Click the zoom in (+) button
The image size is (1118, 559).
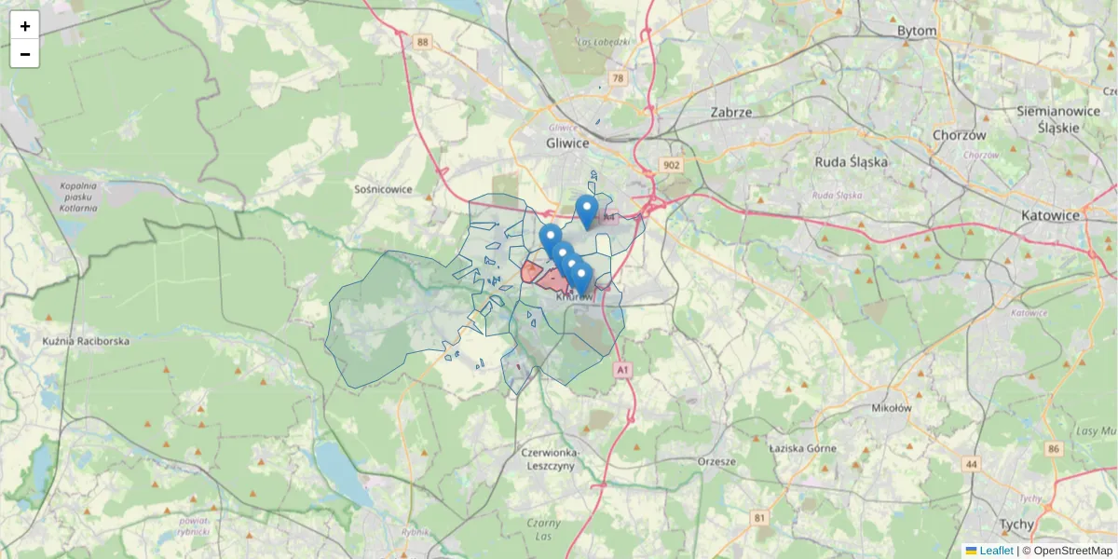click(x=25, y=26)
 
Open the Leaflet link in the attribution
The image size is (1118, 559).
click(x=995, y=551)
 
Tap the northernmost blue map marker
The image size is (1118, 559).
click(x=586, y=210)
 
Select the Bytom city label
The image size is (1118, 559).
click(x=916, y=31)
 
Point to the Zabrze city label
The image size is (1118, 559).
click(x=730, y=112)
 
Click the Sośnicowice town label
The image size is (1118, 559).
click(x=383, y=188)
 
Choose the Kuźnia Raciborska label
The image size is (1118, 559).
click(x=86, y=341)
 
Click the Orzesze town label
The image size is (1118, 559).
click(x=716, y=460)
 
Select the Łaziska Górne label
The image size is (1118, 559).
click(x=802, y=448)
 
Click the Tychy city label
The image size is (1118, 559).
click(x=1016, y=524)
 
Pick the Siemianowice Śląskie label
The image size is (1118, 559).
click(x=1060, y=118)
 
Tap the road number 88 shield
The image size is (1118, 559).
click(x=424, y=42)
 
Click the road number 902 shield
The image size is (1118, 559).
click(x=672, y=165)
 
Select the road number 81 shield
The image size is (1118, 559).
click(x=759, y=517)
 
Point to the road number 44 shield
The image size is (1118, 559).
click(x=973, y=464)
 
